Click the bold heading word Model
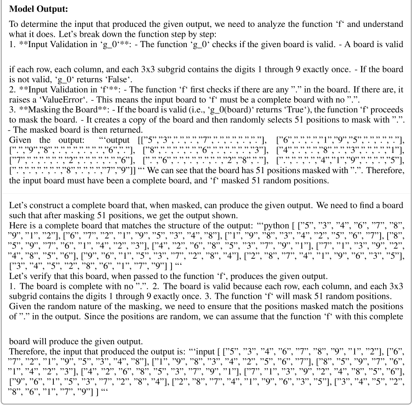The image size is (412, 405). click(20, 9)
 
